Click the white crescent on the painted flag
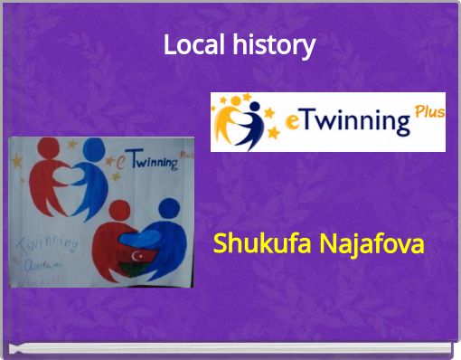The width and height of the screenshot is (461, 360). click(137, 256)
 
